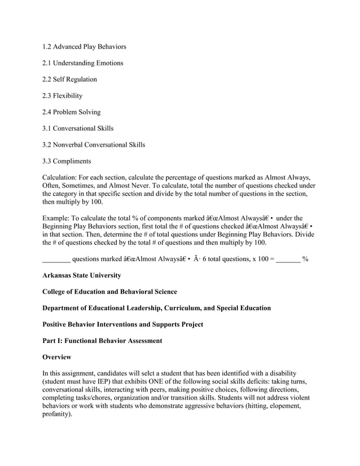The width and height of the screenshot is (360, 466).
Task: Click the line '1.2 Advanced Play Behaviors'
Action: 84,46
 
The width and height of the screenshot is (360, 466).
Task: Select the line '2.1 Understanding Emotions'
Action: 82,63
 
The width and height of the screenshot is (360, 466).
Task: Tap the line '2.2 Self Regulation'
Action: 69,80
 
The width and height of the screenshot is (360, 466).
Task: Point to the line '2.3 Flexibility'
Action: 62,96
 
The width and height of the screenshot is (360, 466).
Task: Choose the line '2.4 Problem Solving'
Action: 71,112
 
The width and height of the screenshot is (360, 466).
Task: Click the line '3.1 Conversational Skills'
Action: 78,129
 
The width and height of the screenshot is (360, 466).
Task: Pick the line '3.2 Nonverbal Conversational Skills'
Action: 94,145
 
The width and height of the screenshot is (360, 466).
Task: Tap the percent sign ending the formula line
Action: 305,259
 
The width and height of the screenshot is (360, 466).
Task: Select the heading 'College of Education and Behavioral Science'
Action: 109,292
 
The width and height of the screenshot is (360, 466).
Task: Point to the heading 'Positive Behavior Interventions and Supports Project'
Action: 123,324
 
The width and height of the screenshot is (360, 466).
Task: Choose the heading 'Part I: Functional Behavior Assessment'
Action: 102,341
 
